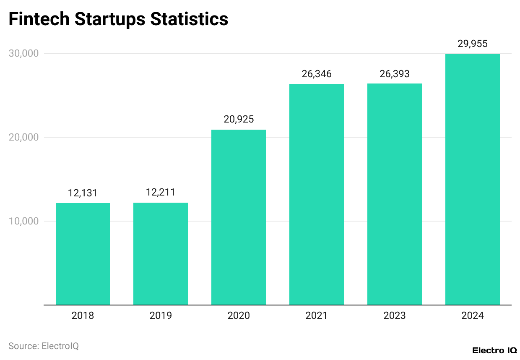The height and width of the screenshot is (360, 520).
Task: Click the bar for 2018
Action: tap(83, 254)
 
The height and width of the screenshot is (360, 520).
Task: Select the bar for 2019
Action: tap(161, 253)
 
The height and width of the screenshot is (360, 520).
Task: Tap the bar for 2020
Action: tap(239, 217)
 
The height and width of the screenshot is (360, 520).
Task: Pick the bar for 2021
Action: tap(317, 194)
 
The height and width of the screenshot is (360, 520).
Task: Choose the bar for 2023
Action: tap(395, 194)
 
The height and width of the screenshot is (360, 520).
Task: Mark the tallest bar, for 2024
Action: tap(473, 179)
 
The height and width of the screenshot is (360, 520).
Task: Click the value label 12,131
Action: tap(83, 193)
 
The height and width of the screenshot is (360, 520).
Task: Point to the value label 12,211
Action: tap(161, 193)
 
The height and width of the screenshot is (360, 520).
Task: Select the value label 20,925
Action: tap(239, 120)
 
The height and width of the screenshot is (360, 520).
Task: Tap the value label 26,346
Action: tap(317, 74)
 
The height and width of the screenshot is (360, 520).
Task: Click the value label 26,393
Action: tap(395, 74)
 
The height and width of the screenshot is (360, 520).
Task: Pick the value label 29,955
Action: tap(473, 44)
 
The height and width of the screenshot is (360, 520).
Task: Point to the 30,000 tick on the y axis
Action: tap(23, 53)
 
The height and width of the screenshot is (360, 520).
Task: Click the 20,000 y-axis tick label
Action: tap(23, 137)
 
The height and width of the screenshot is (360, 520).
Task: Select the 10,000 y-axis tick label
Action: tap(23, 221)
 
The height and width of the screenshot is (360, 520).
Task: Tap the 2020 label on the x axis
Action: tap(239, 316)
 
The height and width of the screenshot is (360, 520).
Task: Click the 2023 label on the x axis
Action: tap(395, 316)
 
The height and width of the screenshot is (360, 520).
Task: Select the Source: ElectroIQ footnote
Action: tap(44, 346)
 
